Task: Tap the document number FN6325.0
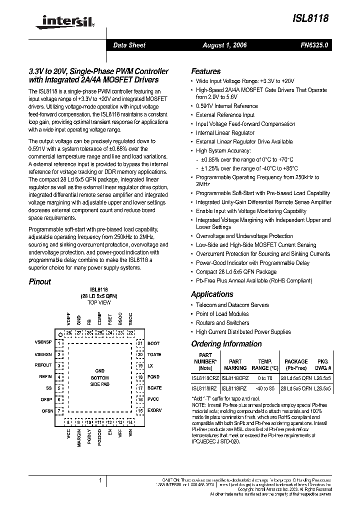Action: (314, 45)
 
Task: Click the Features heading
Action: (205, 71)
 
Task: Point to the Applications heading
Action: (212, 294)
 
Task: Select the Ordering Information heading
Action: (226, 343)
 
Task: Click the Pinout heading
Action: (39, 281)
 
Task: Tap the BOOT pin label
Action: (153, 343)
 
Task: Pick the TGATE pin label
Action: (154, 354)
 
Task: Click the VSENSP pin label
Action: (43, 343)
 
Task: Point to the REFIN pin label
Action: (45, 376)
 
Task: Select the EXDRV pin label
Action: (154, 410)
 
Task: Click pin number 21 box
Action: (140, 343)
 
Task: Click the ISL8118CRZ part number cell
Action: (205, 378)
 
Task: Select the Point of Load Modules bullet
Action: (222, 313)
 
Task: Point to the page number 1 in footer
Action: (100, 480)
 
